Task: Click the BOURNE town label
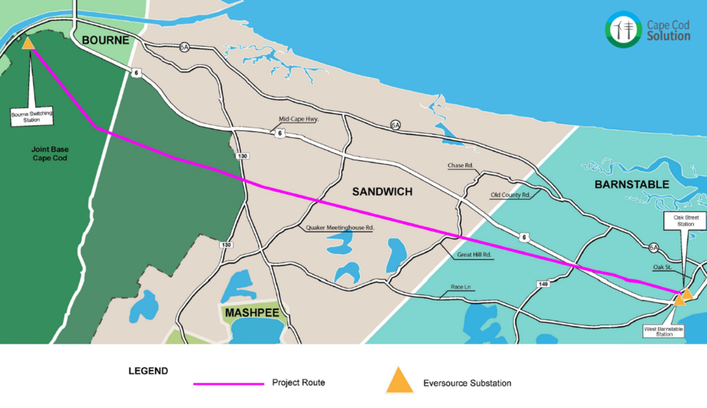pos(106,41)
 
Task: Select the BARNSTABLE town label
pos(632,184)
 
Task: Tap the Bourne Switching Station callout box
pos(31,115)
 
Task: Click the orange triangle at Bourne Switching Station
pos(28,44)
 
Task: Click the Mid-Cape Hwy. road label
pos(298,119)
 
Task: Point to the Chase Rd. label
pos(460,166)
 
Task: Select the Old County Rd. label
pos(510,195)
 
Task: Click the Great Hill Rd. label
pos(474,255)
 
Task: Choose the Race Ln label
pos(459,287)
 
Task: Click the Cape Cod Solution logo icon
pos(624,29)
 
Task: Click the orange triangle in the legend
pos(398,381)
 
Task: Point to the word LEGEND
pos(148,371)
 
